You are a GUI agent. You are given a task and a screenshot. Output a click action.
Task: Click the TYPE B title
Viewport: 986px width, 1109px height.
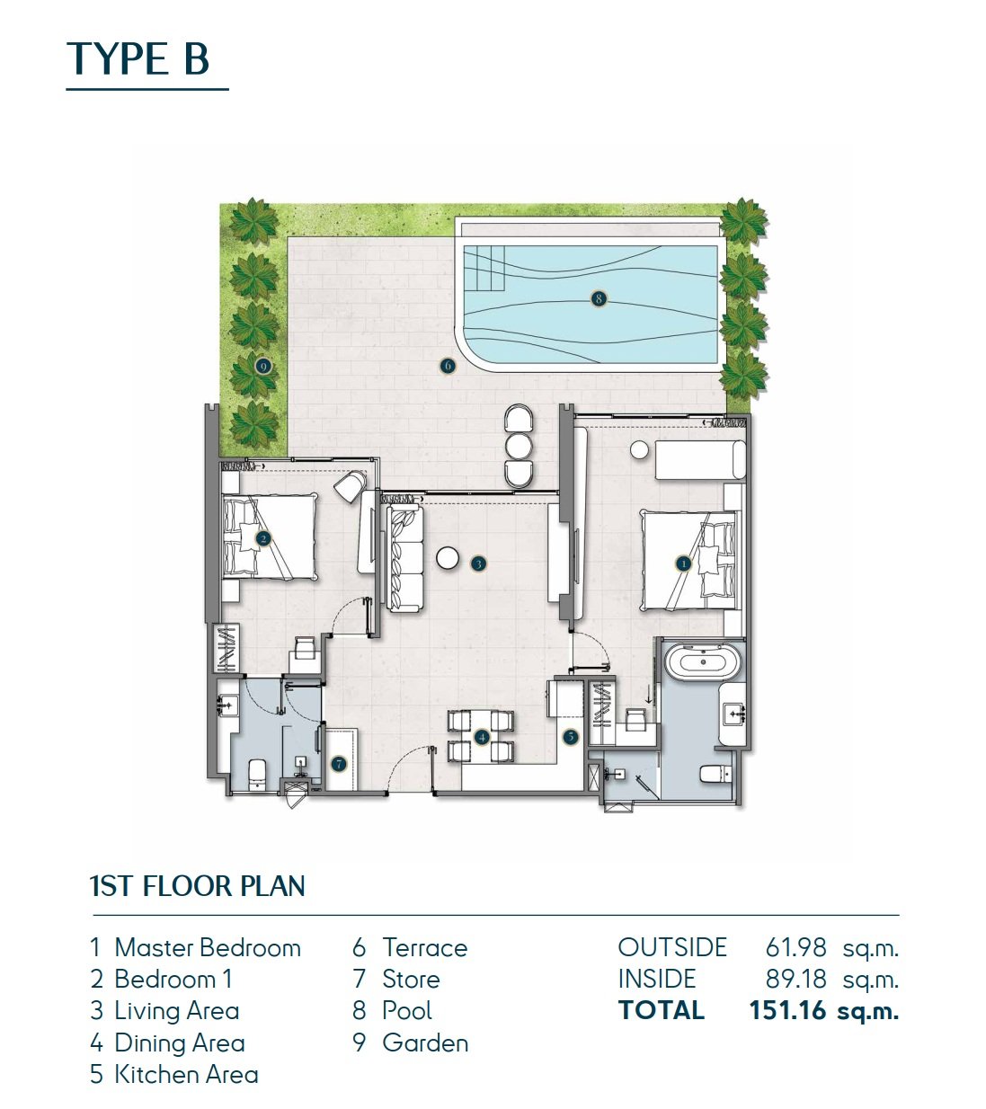point(138,58)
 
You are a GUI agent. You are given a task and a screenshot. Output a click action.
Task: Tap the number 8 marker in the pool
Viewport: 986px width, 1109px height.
point(599,299)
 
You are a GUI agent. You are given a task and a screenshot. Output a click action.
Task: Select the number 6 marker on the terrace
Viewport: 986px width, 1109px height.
point(448,365)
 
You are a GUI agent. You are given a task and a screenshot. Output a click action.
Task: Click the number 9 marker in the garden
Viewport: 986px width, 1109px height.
point(264,366)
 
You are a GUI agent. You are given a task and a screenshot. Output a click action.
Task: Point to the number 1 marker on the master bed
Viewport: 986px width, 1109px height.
point(683,563)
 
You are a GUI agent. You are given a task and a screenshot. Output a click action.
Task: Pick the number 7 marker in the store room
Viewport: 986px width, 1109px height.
point(339,764)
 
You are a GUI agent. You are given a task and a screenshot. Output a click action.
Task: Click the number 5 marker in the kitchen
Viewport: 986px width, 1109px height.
point(571,736)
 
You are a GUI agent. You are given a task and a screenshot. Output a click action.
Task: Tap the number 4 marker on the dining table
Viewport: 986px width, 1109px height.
point(482,737)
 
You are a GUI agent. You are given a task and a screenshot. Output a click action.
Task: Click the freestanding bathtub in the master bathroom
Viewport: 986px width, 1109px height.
point(704,662)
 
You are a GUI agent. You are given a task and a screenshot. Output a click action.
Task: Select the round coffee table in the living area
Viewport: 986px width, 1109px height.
point(448,558)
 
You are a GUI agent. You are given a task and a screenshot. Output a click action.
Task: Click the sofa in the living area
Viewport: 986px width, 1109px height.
point(405,557)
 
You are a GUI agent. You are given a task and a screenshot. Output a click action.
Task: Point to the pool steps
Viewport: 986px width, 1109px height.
point(484,269)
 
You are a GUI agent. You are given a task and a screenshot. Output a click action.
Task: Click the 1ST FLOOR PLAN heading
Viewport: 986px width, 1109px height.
point(198,885)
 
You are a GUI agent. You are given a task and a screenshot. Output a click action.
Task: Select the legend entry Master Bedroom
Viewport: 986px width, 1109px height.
point(208,947)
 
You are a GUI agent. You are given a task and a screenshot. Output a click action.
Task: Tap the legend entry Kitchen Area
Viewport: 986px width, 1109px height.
point(186,1075)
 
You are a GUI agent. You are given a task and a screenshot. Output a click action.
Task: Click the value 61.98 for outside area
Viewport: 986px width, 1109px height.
point(795,947)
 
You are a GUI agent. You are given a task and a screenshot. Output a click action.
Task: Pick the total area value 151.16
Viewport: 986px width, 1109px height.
point(787,1010)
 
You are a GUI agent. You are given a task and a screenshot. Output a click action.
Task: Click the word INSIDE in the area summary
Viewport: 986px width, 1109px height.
point(657,980)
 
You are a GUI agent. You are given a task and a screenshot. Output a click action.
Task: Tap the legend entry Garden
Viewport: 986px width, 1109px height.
point(425,1042)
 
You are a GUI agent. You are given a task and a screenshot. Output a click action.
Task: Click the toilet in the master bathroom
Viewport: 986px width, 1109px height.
point(715,774)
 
